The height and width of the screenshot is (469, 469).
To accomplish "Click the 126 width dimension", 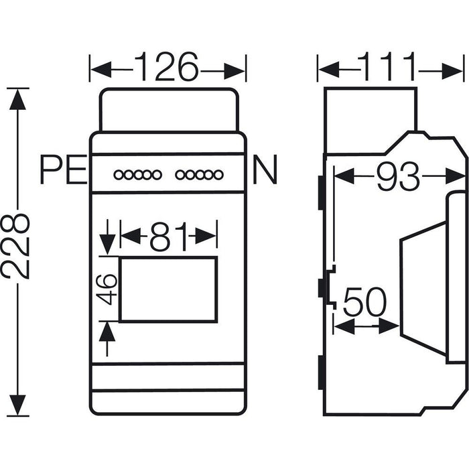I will pyautogui.click(x=167, y=68).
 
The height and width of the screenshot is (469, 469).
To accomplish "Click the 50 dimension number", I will pyautogui.click(x=365, y=304).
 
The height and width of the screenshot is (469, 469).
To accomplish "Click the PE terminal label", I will pyautogui.click(x=62, y=172).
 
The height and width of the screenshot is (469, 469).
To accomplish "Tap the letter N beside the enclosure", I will pyautogui.click(x=264, y=172).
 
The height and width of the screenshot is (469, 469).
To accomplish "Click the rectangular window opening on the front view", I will pyautogui.click(x=168, y=289).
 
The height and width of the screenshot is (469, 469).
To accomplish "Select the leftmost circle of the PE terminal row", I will pyautogui.click(x=118, y=176).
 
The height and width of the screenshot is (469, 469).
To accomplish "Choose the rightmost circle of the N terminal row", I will pyautogui.click(x=218, y=176).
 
